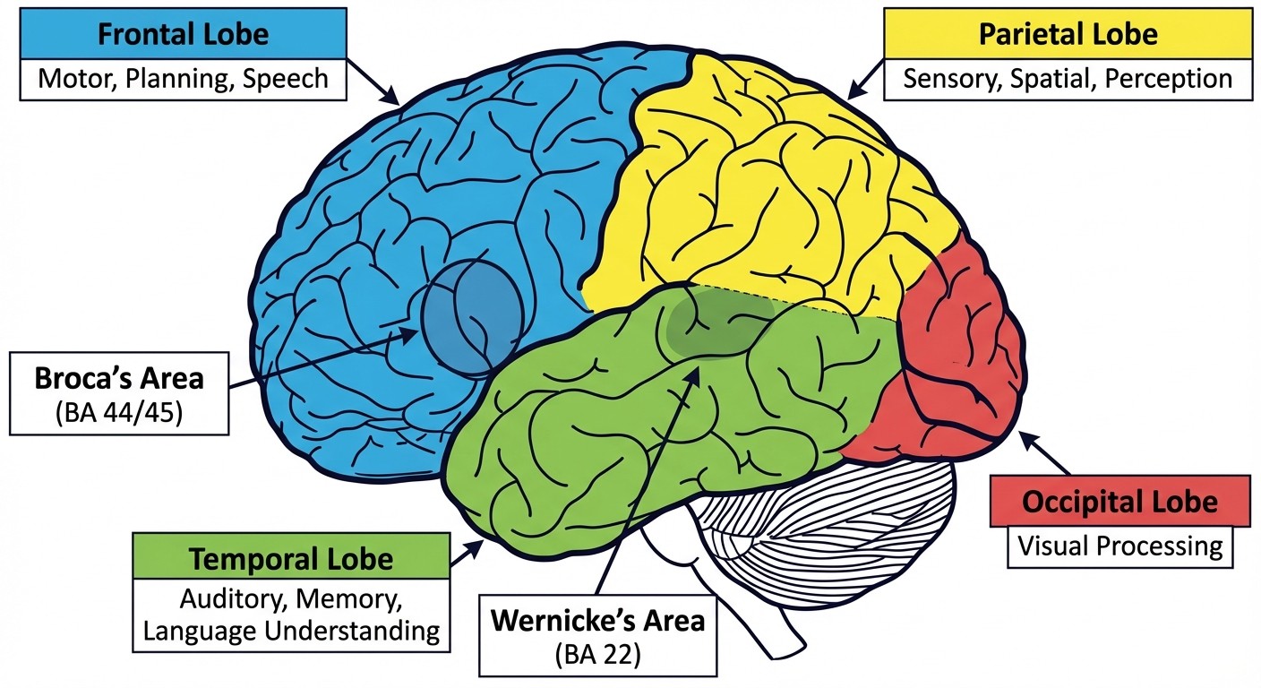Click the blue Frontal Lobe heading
point(183,36)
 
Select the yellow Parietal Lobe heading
point(1068,36)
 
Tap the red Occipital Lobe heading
point(1119,501)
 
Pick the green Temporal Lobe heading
point(291,559)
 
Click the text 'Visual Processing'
point(1119,546)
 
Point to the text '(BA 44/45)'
point(119,414)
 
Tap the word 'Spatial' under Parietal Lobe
point(1051,79)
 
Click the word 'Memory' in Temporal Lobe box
point(341,598)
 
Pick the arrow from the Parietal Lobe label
point(866,78)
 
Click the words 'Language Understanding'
point(291,631)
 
